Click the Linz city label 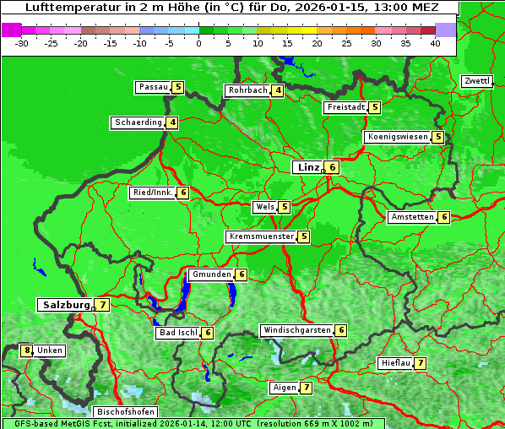307,167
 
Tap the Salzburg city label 66,305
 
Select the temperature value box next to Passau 178,87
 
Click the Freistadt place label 345,107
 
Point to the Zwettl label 476,81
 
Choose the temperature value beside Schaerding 172,122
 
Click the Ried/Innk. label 153,193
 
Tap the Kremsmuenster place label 261,236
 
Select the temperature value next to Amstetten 444,217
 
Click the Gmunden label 210,274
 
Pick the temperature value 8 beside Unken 27,350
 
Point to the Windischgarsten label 296,330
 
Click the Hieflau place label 395,363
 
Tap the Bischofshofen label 125,412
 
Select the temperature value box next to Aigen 306,388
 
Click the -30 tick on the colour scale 22,42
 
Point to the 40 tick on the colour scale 435,42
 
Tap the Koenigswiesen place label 397,137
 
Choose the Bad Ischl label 177,333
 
